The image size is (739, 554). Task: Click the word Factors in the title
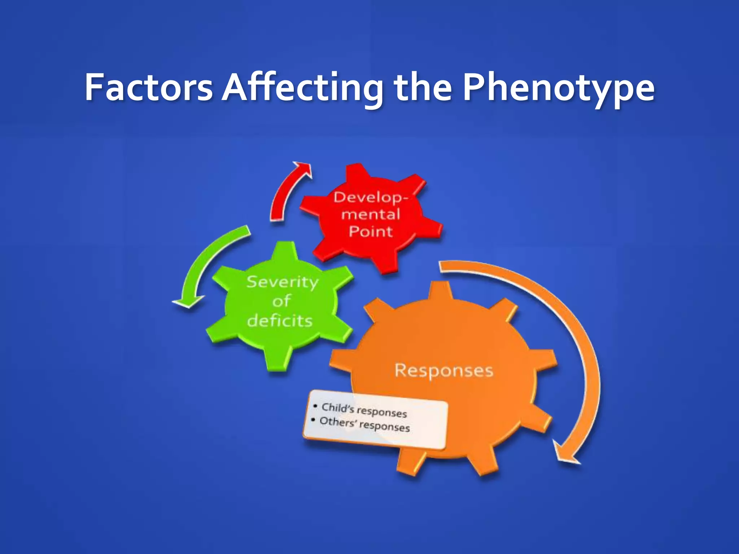(x=149, y=87)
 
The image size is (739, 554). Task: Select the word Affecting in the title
(x=302, y=88)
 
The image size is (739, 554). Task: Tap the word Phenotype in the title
(x=559, y=88)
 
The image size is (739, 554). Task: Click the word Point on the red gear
(x=371, y=231)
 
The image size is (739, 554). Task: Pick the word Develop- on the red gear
(x=371, y=197)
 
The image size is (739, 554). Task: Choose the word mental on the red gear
(x=371, y=215)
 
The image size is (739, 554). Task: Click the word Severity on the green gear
(x=283, y=282)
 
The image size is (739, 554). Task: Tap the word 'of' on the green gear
(x=282, y=301)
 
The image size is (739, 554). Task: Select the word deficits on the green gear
(x=280, y=321)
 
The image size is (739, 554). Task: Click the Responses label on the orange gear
(x=443, y=370)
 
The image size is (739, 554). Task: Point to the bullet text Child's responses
(x=364, y=410)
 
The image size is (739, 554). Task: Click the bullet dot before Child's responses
(x=315, y=406)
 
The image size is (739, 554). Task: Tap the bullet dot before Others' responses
(x=313, y=420)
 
